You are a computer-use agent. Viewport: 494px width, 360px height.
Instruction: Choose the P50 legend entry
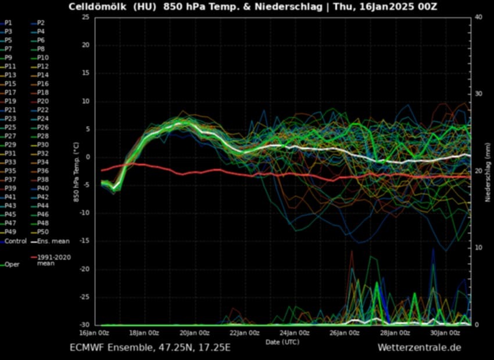43,232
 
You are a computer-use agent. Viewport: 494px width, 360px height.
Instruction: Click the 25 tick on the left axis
85,17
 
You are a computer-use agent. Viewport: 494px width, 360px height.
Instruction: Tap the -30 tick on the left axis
84,325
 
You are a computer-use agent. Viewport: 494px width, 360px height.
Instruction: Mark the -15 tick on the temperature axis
84,241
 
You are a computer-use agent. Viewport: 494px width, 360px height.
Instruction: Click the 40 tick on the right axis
478,17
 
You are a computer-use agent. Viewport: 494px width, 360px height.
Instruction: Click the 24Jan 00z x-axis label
295,333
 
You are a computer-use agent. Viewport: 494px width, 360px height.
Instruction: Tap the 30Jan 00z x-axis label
446,333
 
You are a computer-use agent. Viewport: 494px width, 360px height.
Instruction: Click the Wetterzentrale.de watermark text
419,348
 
